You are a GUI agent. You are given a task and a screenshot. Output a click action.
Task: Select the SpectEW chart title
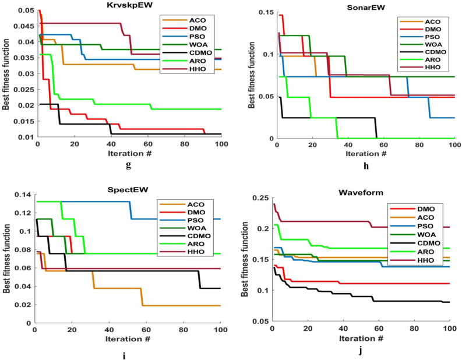pos(128,184)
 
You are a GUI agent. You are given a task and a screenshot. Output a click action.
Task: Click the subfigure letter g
pos(128,166)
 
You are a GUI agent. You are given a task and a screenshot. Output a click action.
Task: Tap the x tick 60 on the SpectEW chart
pos(145,330)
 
